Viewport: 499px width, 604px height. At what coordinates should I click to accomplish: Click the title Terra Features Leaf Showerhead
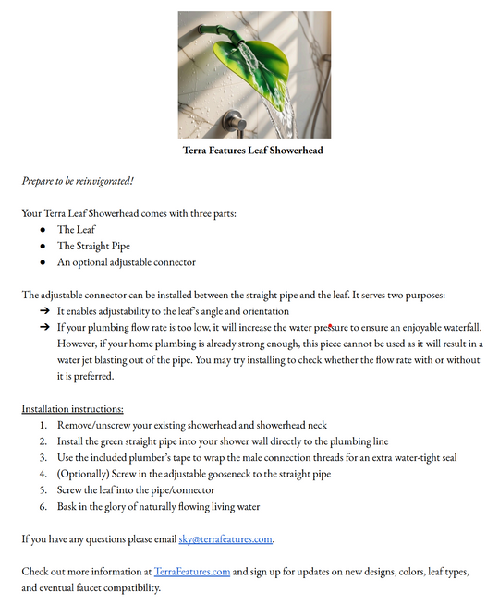[252, 150]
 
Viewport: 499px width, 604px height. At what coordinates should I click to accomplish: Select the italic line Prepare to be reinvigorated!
[78, 180]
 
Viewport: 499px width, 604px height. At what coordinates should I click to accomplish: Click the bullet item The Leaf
[76, 229]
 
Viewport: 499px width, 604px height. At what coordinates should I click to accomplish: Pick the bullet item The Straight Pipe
[93, 246]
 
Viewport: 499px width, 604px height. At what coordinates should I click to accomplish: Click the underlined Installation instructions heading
[72, 408]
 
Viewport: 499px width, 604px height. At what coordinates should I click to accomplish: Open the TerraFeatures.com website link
[192, 572]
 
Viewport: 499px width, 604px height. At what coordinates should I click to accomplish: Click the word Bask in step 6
[69, 506]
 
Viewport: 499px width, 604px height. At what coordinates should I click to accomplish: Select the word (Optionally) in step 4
[86, 474]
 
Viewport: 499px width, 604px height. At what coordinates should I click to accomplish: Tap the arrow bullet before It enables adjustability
[43, 311]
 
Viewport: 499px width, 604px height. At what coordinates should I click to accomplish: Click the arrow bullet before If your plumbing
[43, 328]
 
